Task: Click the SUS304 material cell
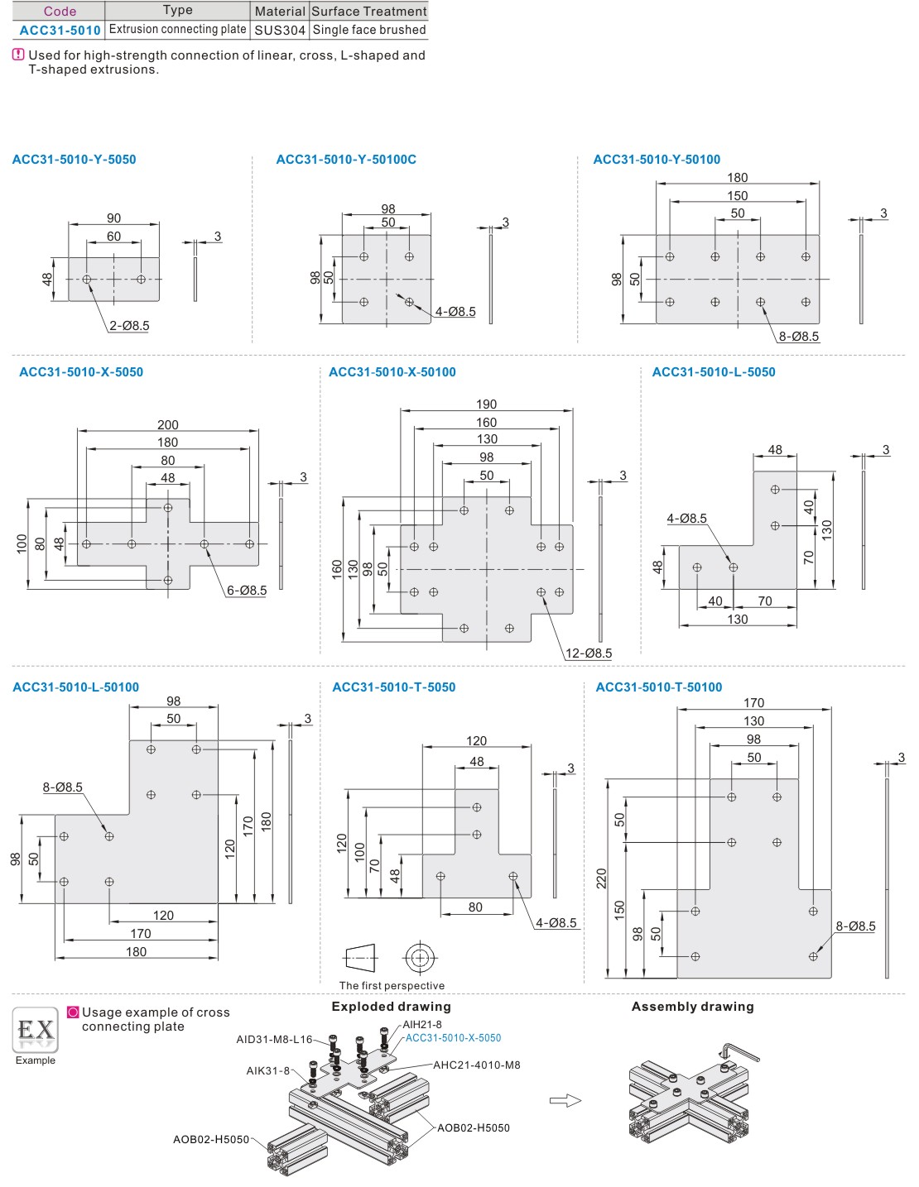(x=280, y=30)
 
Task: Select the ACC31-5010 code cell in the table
(x=60, y=30)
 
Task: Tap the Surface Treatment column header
(x=369, y=11)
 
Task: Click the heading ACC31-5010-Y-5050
(x=74, y=160)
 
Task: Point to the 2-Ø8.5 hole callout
(x=129, y=326)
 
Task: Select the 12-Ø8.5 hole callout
(x=589, y=653)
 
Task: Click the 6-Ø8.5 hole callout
(x=247, y=591)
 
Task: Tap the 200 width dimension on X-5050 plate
(x=168, y=424)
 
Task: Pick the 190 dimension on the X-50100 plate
(x=487, y=404)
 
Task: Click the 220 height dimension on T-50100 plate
(x=602, y=878)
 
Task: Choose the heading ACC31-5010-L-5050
(x=714, y=372)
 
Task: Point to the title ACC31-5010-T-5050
(x=393, y=687)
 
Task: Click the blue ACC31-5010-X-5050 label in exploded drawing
(x=453, y=1038)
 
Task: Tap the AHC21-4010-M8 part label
(x=477, y=1065)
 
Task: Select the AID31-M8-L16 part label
(x=274, y=1040)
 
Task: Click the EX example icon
(x=36, y=1030)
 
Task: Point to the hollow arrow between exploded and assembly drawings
(x=565, y=1100)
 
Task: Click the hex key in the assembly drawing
(x=740, y=1051)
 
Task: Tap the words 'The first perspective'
(x=392, y=986)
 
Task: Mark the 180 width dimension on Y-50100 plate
(x=738, y=178)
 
